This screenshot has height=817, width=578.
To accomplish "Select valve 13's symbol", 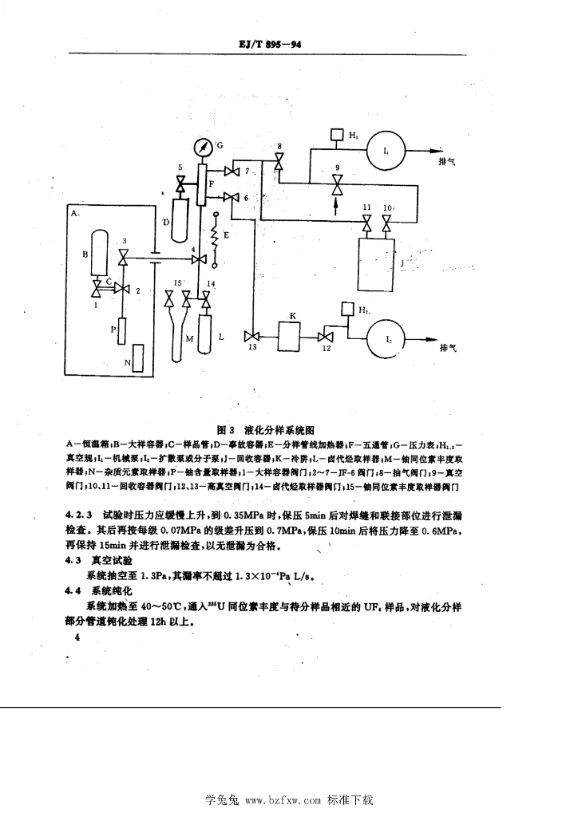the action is coord(252,335).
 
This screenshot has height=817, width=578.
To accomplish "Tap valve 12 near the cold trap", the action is coord(326,335).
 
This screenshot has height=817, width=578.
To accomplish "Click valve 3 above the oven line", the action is coord(123,259).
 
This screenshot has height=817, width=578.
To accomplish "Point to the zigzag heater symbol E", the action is coord(214,238).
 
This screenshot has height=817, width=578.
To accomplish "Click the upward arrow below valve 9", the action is coord(336,207).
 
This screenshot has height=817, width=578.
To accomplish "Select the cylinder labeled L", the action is coord(206,337).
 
